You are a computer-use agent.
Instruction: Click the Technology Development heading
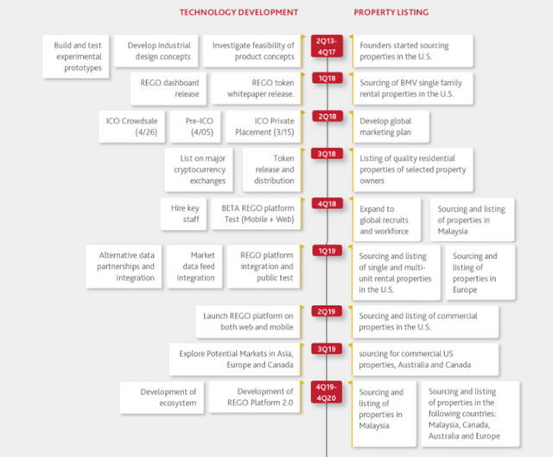pos(238,12)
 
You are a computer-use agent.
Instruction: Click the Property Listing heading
pos(391,12)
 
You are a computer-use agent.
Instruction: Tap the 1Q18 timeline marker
pos(327,79)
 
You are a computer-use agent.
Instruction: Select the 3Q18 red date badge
pos(327,154)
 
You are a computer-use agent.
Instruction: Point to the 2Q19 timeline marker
pos(327,311)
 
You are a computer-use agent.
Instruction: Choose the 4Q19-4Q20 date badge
pos(327,392)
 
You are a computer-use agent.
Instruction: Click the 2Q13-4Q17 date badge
pos(327,46)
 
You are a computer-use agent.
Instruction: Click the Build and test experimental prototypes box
pos(76,56)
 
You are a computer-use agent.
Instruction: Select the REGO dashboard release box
pos(168,88)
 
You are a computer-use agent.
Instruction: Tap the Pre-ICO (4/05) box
pos(195,126)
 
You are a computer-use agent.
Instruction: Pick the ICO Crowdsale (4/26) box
pos(131,126)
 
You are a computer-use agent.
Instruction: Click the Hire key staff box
pos(183,213)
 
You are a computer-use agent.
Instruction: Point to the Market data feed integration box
pos(194,266)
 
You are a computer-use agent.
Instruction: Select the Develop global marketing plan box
pos(391,126)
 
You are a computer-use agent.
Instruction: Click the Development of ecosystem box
pos(162,397)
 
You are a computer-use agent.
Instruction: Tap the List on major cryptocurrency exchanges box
pos(199,169)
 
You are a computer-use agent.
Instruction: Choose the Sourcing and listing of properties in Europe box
pos(480,273)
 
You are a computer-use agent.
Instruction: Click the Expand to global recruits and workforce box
pos(387,219)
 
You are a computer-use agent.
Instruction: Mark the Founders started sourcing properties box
pos(413,51)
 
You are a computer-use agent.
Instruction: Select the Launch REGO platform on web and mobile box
pos(248,321)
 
